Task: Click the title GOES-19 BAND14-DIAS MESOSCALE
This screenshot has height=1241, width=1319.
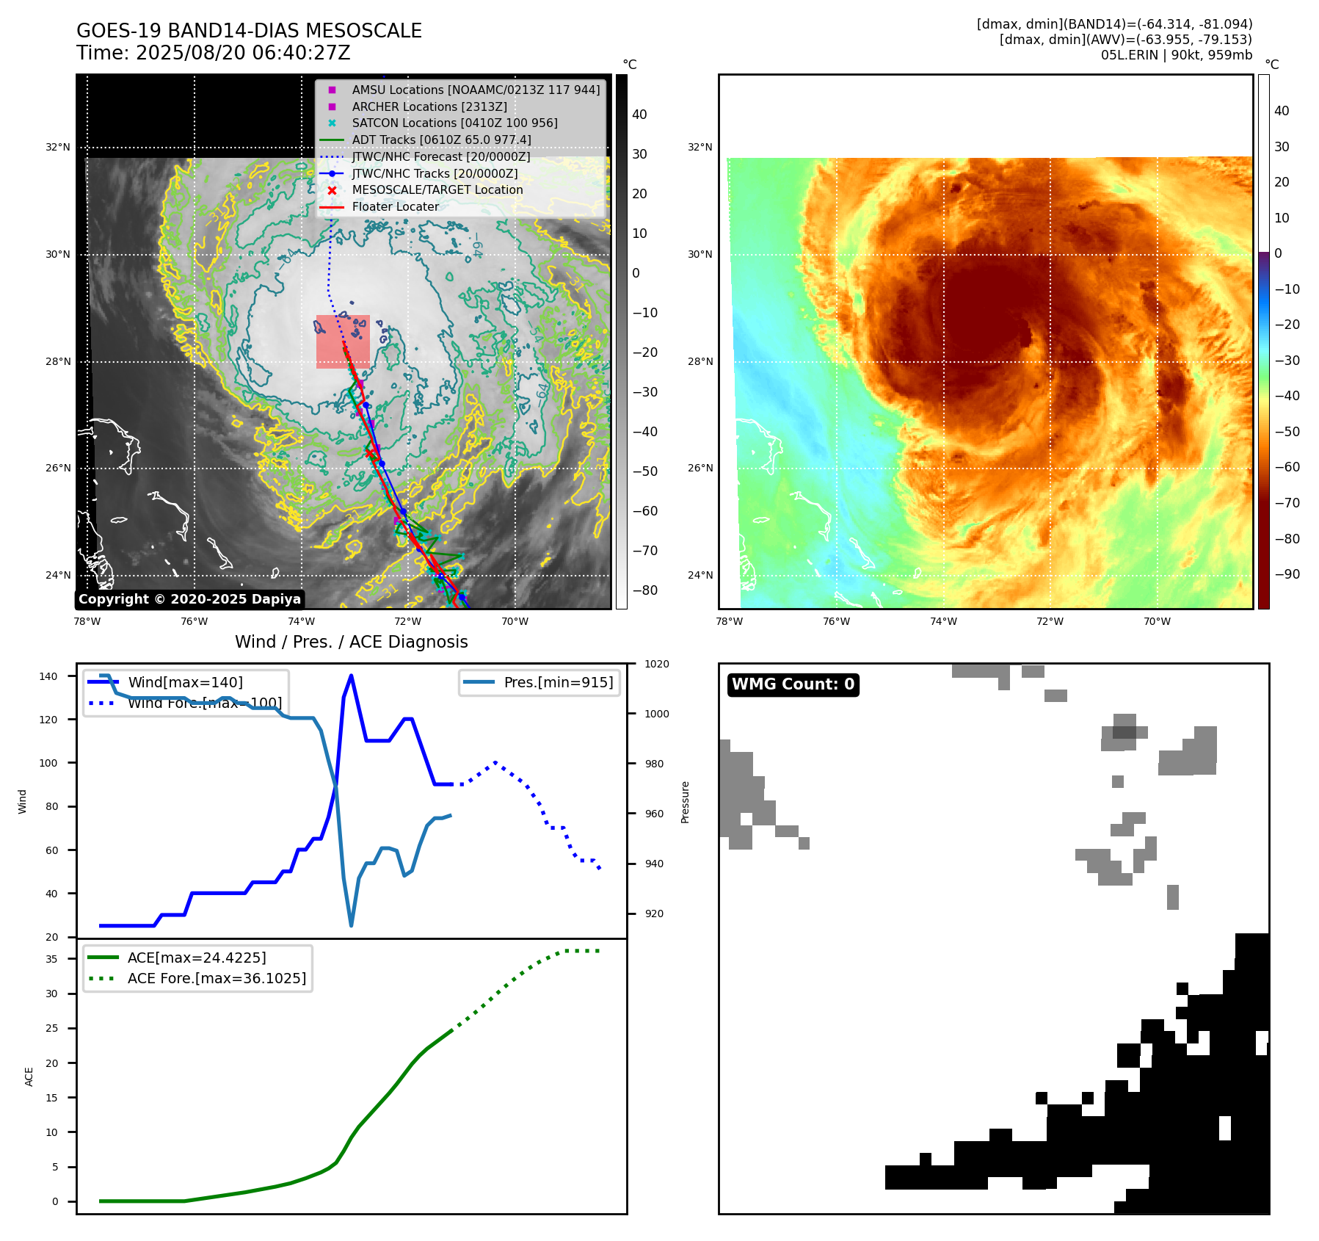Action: [x=249, y=31]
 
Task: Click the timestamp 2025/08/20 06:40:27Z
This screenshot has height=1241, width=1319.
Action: [x=243, y=53]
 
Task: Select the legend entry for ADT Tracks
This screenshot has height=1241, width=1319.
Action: [x=441, y=140]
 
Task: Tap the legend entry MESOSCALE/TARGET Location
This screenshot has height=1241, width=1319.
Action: [x=437, y=189]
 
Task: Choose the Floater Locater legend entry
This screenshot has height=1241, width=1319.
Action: [x=395, y=206]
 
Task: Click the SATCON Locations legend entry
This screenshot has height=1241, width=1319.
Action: [x=454, y=123]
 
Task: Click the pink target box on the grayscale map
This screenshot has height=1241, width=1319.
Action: [x=343, y=341]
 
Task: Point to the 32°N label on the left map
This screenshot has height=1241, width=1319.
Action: [x=58, y=147]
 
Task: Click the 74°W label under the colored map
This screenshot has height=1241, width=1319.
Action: [x=943, y=621]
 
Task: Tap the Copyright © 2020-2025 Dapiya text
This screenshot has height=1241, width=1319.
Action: [x=189, y=599]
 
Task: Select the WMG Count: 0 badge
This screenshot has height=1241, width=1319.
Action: [x=793, y=684]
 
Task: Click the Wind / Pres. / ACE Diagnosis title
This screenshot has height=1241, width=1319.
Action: [x=351, y=642]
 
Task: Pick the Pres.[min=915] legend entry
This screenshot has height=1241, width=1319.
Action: [x=558, y=682]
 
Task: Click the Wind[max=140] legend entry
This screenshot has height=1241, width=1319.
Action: [x=185, y=682]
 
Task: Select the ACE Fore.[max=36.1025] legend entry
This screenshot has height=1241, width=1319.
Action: [x=217, y=978]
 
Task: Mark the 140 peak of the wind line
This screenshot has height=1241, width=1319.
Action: [x=351, y=676]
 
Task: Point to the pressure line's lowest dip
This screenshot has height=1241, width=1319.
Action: [x=351, y=925]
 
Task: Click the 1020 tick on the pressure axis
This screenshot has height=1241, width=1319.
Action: [x=656, y=664]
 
